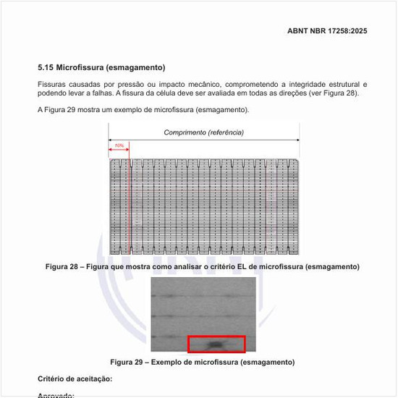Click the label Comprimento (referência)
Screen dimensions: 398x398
[203, 132]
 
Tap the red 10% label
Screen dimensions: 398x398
[119, 146]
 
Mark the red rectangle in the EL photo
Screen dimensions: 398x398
[216, 344]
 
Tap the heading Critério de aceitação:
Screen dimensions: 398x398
[75, 379]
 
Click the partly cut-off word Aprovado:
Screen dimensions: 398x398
[56, 395]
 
